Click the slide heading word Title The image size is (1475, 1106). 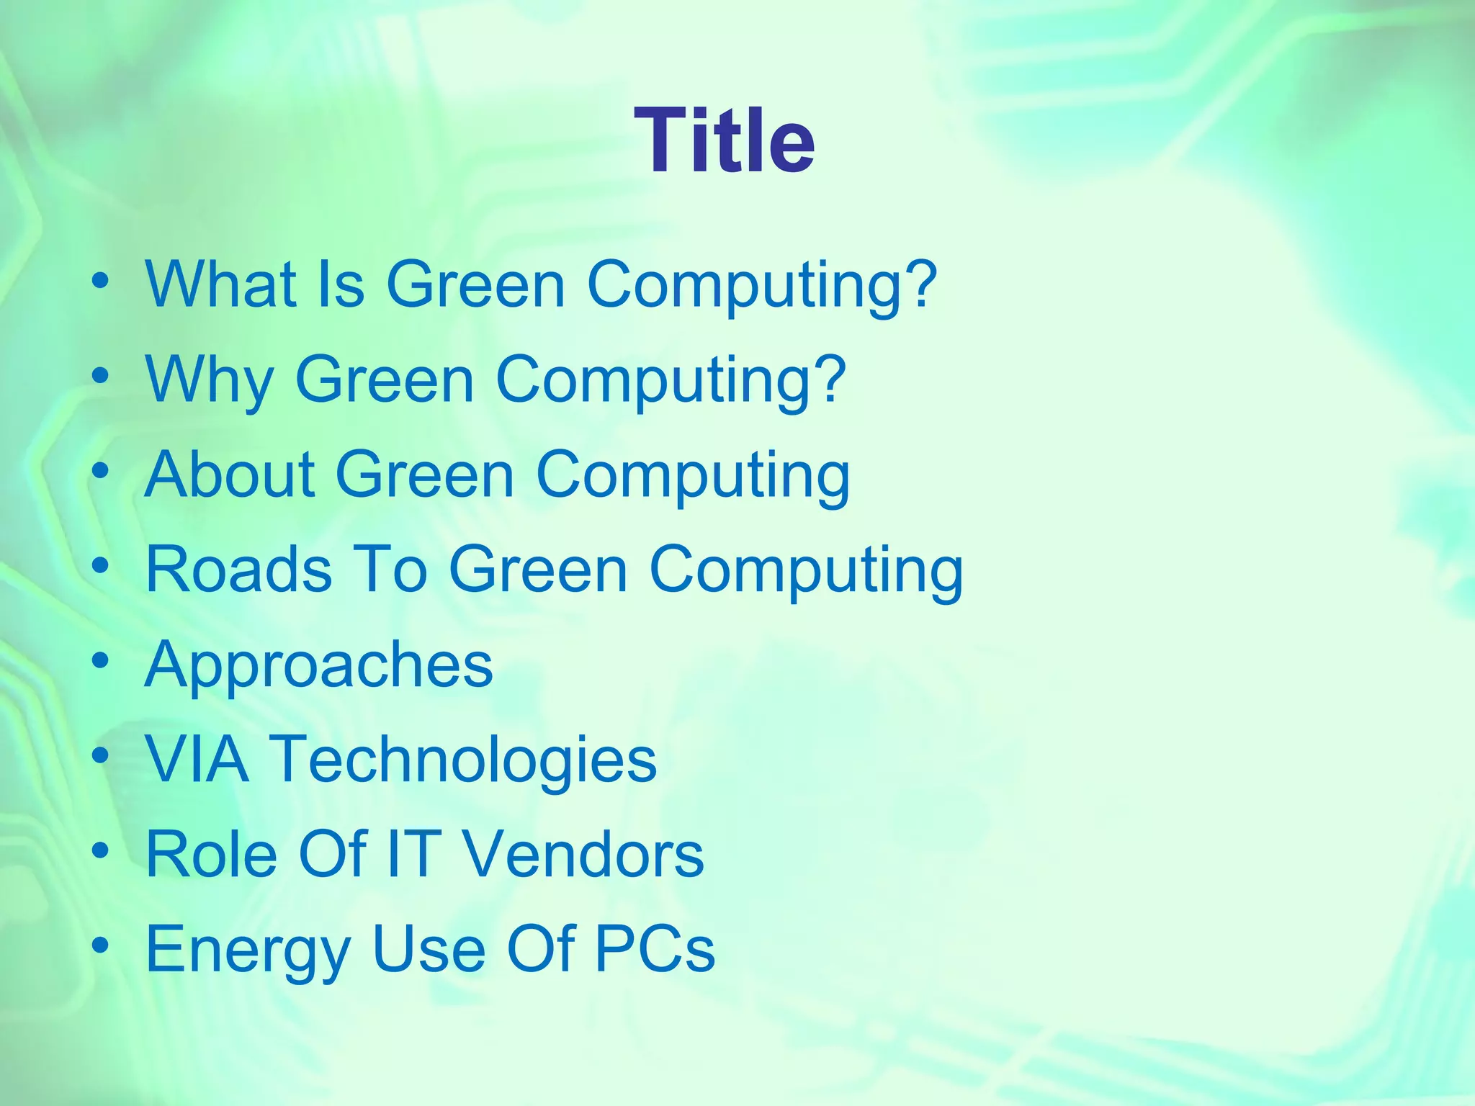(x=724, y=141)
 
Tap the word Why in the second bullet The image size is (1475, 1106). (x=209, y=379)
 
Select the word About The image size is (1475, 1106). (x=230, y=475)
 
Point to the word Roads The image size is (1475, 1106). (x=238, y=570)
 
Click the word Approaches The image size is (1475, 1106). (x=319, y=665)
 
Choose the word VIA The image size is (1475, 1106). (x=197, y=759)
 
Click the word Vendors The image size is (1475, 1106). (x=583, y=855)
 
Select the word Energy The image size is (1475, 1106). (x=247, y=950)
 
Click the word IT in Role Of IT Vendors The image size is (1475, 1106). (x=414, y=855)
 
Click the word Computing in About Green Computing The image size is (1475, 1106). (x=692, y=476)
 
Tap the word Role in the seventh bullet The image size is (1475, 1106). (x=212, y=855)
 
